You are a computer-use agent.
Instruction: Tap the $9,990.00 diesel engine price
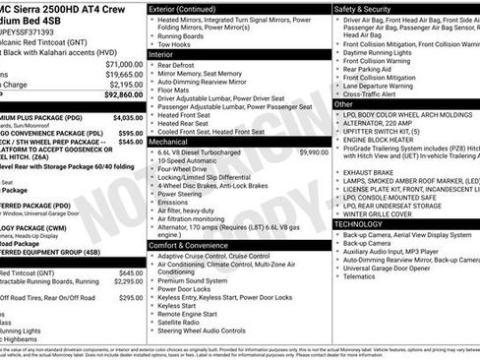tap(313, 153)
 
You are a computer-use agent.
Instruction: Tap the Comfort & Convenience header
tap(195, 244)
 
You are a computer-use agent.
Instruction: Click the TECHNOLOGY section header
tap(368, 224)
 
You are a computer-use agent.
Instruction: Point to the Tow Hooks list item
tap(174, 44)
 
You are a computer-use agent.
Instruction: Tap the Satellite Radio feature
tap(184, 322)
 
